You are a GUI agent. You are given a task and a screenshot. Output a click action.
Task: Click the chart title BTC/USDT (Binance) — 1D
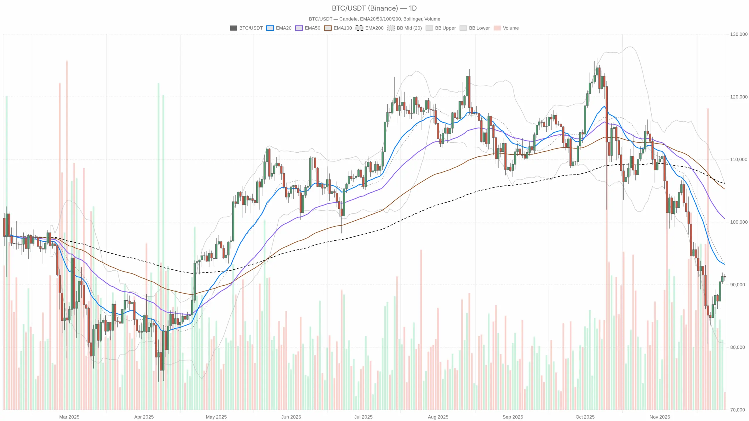point(374,8)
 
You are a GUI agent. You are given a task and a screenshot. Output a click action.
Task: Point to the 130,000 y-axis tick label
point(738,34)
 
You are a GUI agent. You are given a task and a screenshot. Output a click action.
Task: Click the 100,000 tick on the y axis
point(738,222)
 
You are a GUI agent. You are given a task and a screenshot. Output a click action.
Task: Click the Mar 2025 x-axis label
point(69,417)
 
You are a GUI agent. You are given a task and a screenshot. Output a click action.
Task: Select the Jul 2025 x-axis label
point(363,417)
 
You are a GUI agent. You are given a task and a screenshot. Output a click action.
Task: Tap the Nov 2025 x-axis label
point(659,417)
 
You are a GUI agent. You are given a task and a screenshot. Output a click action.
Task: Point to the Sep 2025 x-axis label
point(513,417)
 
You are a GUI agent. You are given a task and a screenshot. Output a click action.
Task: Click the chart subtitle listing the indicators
point(374,19)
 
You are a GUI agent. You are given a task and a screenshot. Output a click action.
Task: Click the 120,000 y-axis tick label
point(738,97)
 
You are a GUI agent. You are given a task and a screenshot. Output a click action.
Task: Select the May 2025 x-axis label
point(216,417)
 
